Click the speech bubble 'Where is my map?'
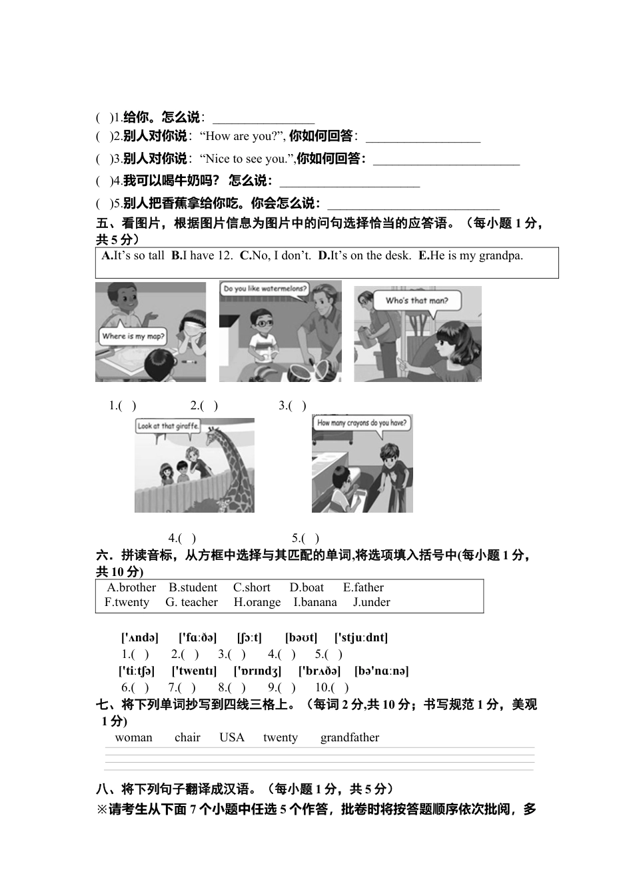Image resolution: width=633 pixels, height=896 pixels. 132,336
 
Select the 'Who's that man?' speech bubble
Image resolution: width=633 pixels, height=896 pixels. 416,301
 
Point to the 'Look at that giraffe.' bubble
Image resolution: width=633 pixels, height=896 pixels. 167,426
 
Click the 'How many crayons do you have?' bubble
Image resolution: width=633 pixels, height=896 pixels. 361,423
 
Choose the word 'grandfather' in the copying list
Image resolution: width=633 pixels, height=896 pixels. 349,737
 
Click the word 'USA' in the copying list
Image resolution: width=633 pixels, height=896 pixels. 232,737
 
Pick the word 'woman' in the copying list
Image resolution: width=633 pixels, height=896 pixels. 133,737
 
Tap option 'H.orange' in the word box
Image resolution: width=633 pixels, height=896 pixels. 257,602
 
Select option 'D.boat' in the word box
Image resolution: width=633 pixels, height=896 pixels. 307,587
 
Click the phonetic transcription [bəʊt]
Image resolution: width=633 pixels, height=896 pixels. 301,637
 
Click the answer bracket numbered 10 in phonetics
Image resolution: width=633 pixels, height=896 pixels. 339,687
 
